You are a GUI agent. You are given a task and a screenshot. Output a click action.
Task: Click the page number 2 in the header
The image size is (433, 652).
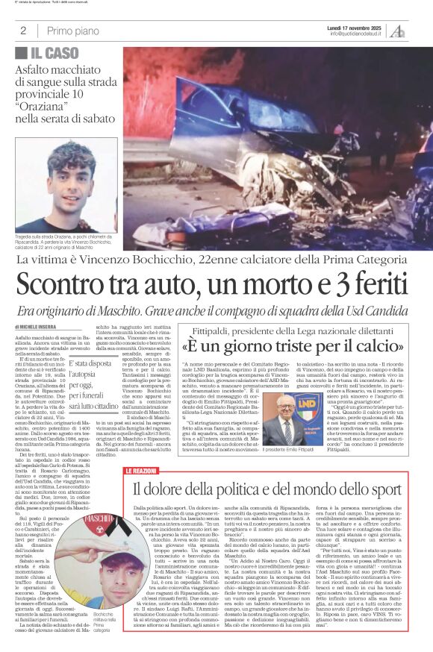tap(23, 31)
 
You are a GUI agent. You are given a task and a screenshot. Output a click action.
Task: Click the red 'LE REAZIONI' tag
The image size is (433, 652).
tap(140, 451)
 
